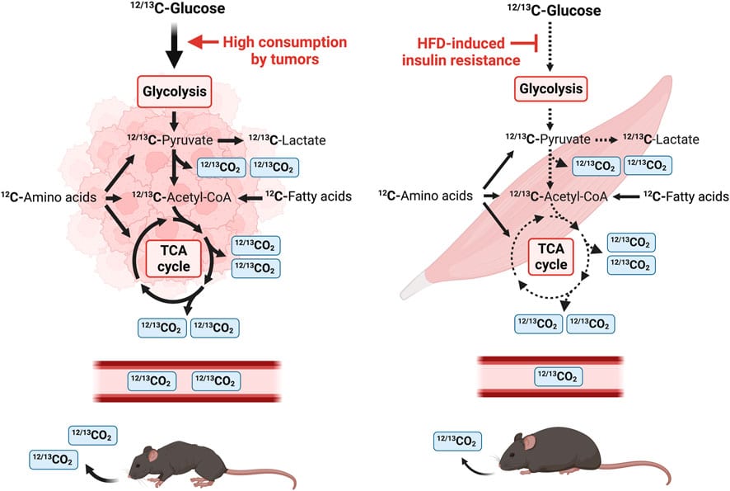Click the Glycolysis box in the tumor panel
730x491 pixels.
(175, 92)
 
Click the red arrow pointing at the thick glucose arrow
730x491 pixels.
(204, 40)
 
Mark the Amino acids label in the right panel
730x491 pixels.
(424, 196)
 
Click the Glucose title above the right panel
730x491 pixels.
(552, 12)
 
